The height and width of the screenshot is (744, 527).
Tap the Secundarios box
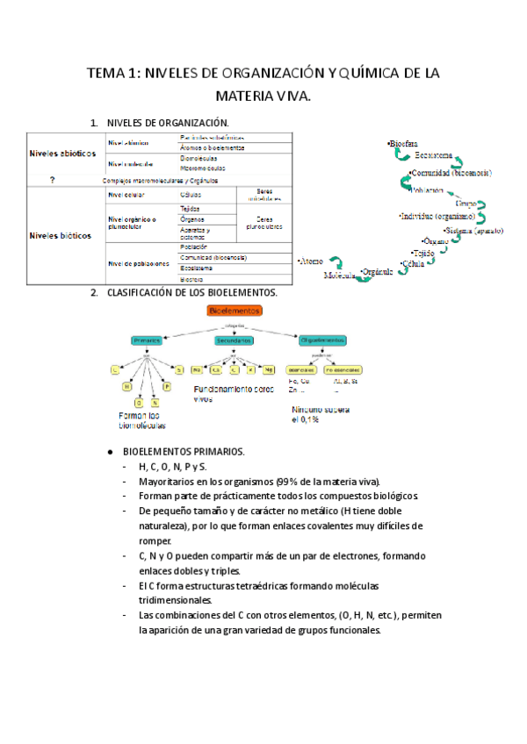tap(233, 340)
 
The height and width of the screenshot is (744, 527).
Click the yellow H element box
tap(127, 386)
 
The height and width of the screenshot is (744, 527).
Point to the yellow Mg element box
tap(269, 369)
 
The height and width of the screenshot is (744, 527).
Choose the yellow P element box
tap(166, 386)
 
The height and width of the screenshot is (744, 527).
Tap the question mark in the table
tap(54, 180)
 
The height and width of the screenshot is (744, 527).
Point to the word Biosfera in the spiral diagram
tap(402, 143)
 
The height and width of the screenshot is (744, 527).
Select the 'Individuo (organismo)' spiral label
tap(437, 216)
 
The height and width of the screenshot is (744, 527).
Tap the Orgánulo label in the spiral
tap(377, 271)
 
